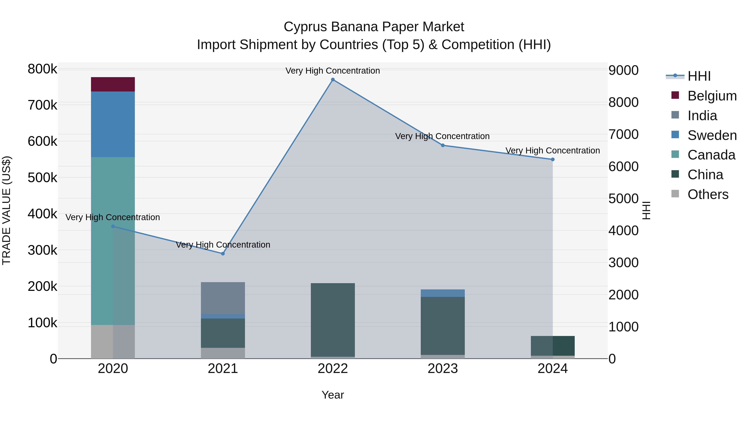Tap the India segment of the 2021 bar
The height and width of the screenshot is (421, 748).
tap(223, 298)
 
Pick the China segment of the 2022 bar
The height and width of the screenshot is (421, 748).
tap(333, 320)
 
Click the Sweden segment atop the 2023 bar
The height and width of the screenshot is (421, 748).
tap(443, 293)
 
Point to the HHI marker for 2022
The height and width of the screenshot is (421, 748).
tap(333, 80)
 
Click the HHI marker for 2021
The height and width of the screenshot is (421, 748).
tap(223, 254)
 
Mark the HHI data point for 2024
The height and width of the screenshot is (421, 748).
tap(552, 159)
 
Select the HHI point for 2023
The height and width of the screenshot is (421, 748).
tap(443, 145)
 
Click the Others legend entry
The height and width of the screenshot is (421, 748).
tap(708, 194)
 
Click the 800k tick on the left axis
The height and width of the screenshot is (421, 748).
tap(42, 69)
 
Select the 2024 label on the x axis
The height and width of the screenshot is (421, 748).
tap(552, 369)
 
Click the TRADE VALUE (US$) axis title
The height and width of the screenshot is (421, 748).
tap(6, 210)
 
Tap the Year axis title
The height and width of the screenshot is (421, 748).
tap(333, 395)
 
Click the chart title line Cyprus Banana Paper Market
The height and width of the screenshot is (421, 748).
tap(374, 27)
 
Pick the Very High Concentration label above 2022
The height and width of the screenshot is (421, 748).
tap(333, 71)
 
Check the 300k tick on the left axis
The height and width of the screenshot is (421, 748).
tap(42, 250)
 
